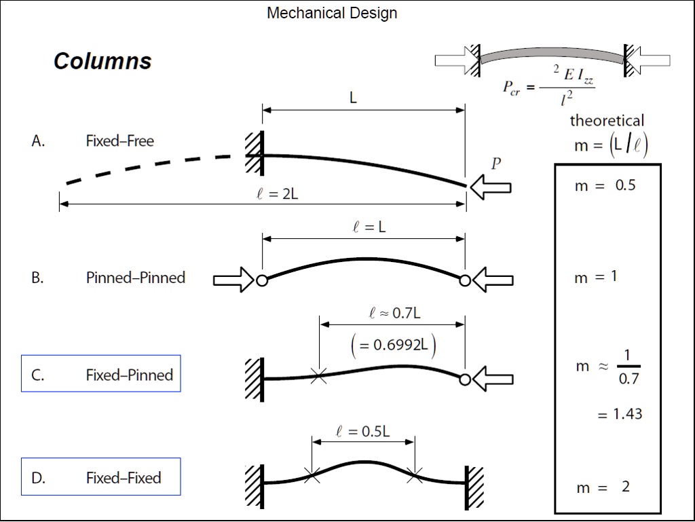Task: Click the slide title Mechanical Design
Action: (332, 13)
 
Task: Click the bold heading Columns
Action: (102, 61)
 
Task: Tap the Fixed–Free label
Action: (119, 141)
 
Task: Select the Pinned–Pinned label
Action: (135, 278)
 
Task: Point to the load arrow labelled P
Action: (490, 187)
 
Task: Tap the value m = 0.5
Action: (605, 185)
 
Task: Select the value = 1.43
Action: (620, 414)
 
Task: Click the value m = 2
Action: (603, 487)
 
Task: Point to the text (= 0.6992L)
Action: (393, 345)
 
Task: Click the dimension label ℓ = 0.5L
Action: (363, 431)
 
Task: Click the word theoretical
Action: (607, 121)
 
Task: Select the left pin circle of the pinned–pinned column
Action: (262, 280)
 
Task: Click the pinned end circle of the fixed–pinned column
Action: (465, 379)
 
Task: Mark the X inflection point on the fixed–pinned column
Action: (318, 375)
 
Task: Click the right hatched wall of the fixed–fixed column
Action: (474, 487)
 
